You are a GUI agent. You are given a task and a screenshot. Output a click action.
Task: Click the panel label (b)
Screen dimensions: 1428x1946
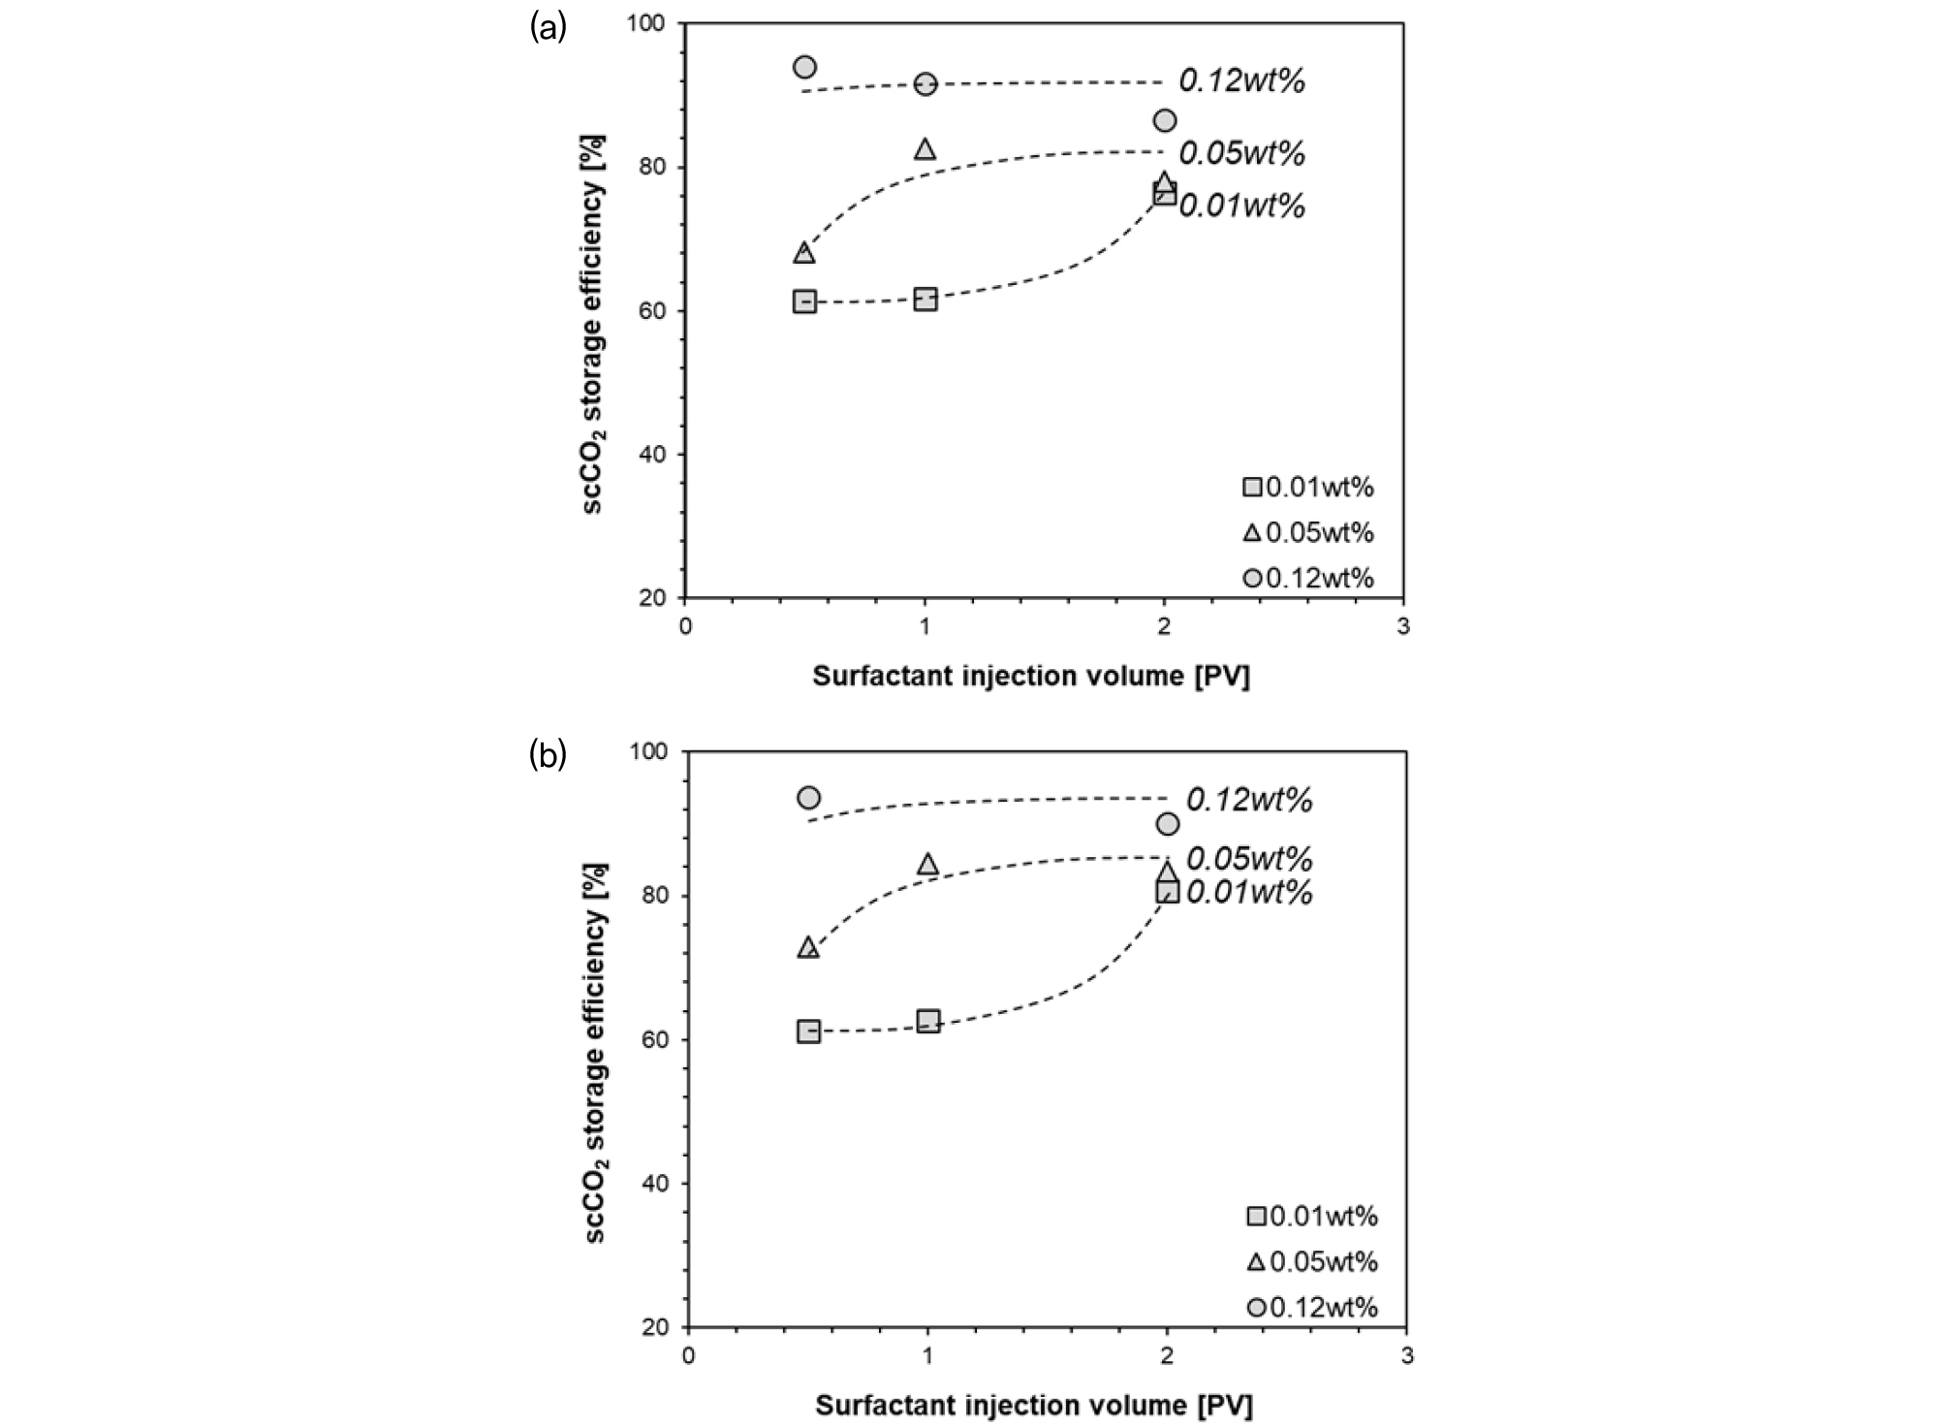[548, 756]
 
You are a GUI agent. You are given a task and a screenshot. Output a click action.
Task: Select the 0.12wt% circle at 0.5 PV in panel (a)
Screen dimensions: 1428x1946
[804, 67]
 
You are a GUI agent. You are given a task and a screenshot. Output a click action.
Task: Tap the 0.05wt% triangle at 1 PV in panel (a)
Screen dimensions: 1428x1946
[926, 149]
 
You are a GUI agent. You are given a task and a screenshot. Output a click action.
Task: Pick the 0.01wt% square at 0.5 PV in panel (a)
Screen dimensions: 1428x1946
[804, 301]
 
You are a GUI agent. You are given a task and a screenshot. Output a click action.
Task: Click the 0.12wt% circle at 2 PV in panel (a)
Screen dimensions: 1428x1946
[1165, 120]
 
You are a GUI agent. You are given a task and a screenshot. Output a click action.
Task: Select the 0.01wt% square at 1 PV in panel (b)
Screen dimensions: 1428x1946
[928, 1021]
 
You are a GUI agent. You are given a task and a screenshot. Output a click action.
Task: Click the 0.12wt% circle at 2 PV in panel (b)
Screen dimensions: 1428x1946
[1168, 823]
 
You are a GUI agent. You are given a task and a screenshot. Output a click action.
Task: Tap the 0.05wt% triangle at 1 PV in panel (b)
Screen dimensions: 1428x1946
[928, 864]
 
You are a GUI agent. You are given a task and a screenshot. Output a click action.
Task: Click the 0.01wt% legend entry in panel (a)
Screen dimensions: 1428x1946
[1309, 487]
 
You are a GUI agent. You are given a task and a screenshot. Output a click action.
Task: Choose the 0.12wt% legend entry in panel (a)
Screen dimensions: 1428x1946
[1309, 578]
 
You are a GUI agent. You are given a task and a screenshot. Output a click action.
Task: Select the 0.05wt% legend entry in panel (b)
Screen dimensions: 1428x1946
[1312, 1261]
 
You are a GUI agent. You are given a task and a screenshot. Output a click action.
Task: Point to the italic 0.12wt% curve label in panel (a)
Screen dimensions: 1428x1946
[1242, 80]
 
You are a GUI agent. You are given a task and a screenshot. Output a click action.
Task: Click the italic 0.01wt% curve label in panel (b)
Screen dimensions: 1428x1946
[1249, 892]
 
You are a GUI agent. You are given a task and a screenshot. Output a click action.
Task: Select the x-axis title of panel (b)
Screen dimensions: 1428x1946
[1034, 1405]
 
